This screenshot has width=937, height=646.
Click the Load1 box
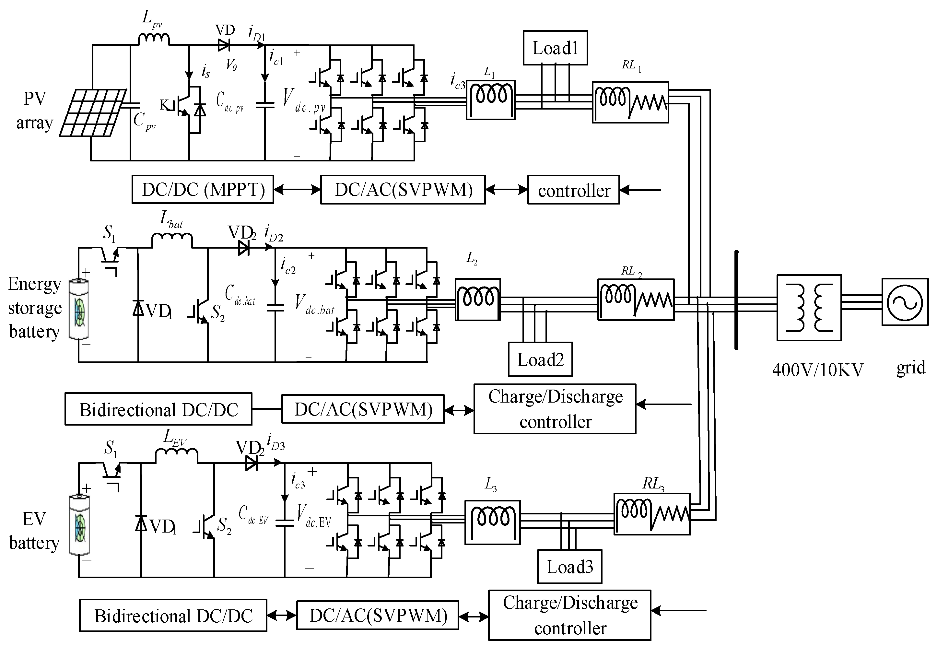click(555, 48)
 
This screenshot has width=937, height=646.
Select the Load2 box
click(540, 359)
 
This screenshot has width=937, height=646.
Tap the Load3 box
click(569, 566)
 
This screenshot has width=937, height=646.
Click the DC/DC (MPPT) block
click(203, 189)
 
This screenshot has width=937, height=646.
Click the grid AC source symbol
click(905, 302)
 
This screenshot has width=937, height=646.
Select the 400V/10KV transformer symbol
click(809, 308)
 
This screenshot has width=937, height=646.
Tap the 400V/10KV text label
click(818, 370)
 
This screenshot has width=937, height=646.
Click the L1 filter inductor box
click(491, 100)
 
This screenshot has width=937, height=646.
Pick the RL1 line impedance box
click(630, 102)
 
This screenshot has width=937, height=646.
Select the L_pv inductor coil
click(154, 39)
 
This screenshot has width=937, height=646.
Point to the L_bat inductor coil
click(172, 241)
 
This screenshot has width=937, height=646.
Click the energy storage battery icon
click(79, 309)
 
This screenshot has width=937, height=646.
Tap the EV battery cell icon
click(79, 525)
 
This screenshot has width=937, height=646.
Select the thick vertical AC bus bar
click(736, 300)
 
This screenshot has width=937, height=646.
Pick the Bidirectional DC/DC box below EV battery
click(173, 616)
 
